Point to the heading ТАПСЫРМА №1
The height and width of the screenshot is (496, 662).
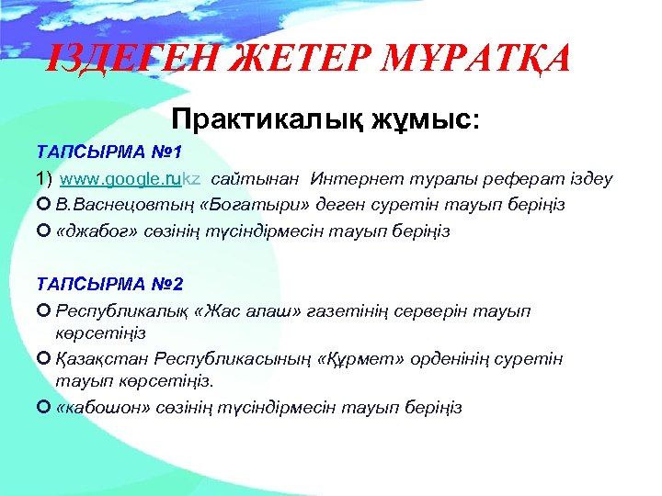pyautogui.click(x=97, y=150)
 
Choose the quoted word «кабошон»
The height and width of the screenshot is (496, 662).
pyautogui.click(x=97, y=407)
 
